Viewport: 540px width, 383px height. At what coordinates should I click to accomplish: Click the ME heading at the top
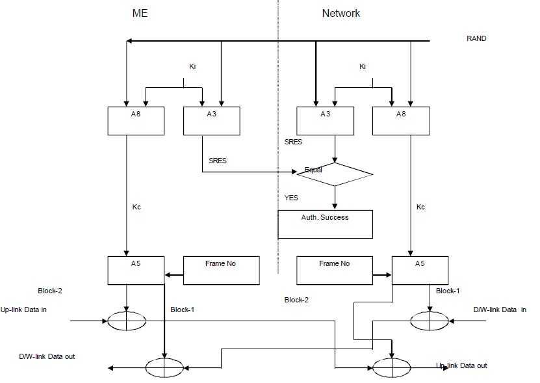140,14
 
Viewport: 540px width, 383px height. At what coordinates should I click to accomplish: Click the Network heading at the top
341,14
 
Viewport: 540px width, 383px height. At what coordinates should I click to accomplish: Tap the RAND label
476,38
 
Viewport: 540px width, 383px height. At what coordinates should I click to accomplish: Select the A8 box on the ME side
136,121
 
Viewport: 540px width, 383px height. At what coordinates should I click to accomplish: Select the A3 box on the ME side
212,121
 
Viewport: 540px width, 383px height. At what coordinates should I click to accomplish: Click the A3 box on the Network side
325,121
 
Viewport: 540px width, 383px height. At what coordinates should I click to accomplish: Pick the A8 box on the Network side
400,121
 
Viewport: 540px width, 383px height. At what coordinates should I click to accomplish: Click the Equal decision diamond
335,174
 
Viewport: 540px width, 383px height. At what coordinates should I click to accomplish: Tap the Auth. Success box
325,224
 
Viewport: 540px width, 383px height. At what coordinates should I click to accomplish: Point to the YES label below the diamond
291,198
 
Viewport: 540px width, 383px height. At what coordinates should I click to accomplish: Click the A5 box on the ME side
136,271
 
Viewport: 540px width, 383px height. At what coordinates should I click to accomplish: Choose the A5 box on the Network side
420,271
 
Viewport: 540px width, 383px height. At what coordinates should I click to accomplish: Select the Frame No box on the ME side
221,271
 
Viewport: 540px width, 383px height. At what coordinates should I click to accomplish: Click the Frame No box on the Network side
334,271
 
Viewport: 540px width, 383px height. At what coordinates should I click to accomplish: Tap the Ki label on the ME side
192,66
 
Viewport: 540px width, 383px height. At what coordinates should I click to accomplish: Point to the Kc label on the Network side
420,207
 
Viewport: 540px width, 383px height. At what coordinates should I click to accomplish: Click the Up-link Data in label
24,310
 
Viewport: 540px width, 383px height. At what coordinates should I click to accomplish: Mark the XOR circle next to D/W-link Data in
430,320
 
